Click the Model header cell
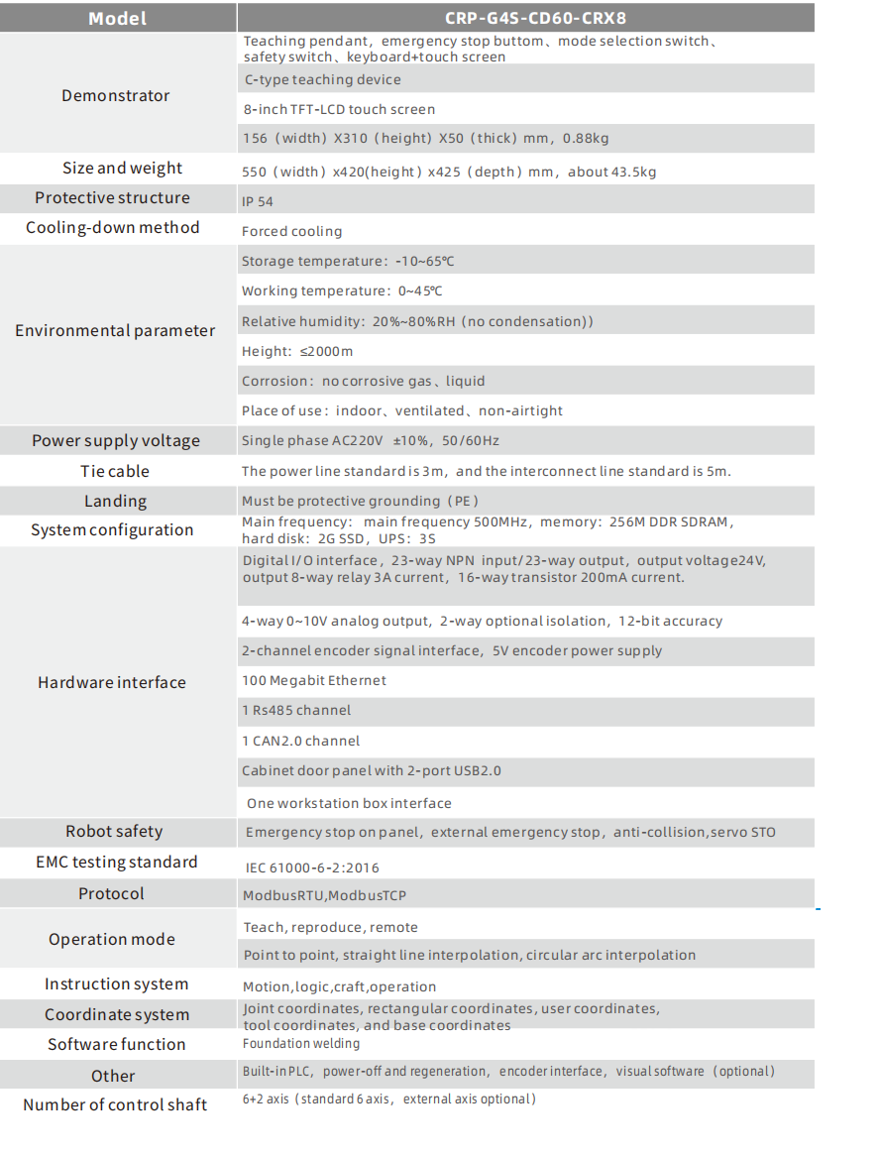tap(117, 18)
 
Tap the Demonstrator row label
tap(116, 95)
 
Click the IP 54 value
tap(258, 201)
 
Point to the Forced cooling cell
tap(291, 231)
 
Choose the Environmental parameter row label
tap(115, 331)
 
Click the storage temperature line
tap(348, 262)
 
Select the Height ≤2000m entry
tap(297, 351)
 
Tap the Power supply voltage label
tap(116, 441)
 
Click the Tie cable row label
tap(115, 471)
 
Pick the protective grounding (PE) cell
tap(361, 501)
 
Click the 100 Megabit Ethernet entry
tap(314, 680)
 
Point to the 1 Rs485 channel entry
tap(296, 710)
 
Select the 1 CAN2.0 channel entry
tap(300, 741)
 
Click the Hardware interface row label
tap(112, 682)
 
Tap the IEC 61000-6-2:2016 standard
tap(312, 867)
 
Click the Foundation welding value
tap(301, 1043)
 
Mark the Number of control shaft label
tap(115, 1104)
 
